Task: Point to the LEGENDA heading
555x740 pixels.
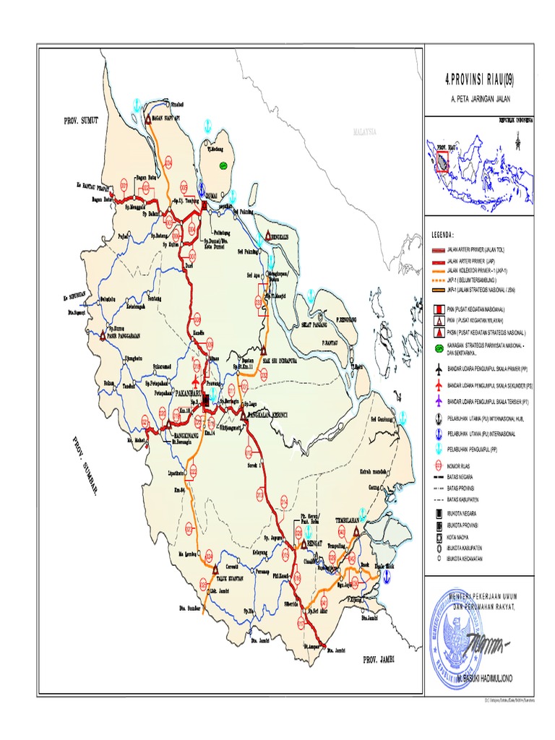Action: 442,234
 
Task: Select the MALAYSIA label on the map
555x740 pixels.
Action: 367,133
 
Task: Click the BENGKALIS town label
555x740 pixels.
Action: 279,232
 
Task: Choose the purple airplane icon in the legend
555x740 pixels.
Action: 438,401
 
